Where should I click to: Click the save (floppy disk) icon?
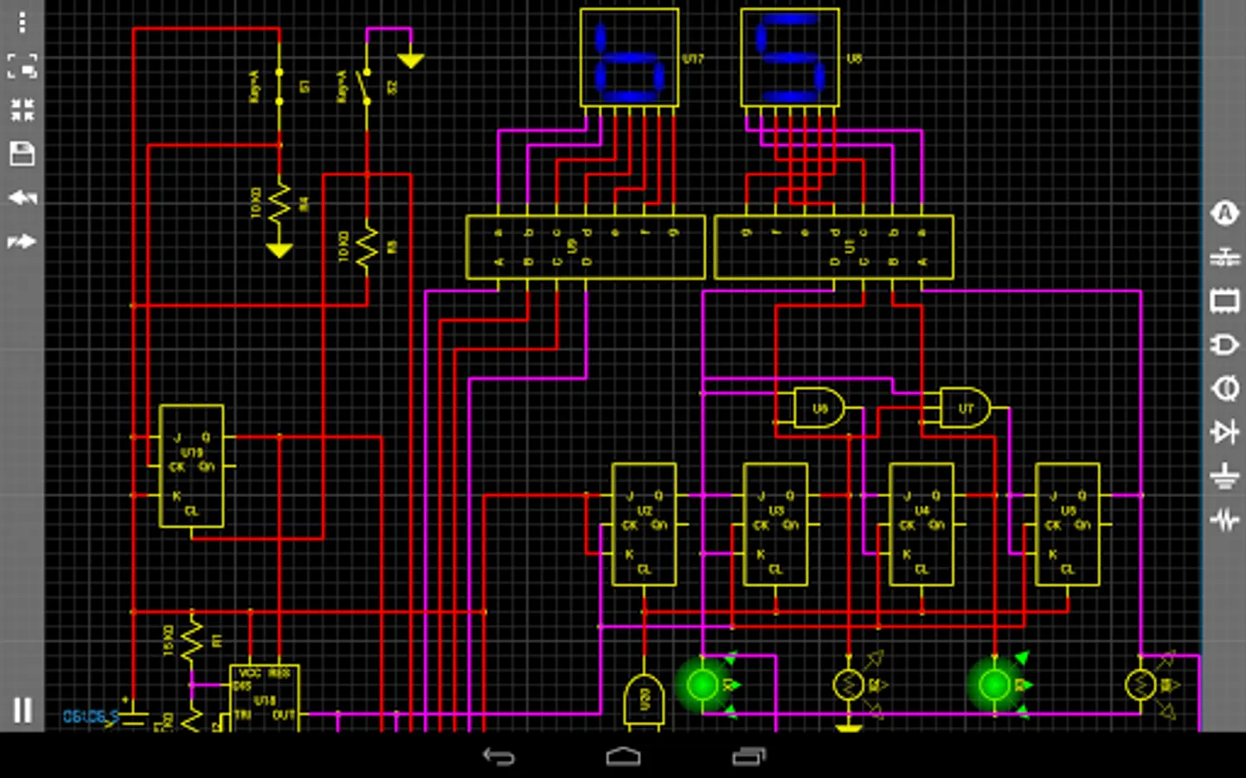(22, 154)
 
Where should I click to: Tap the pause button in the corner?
(22, 710)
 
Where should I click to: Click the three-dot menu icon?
(22, 22)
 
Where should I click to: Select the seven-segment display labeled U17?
(629, 58)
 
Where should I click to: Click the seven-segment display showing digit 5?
(789, 58)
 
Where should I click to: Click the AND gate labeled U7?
(964, 407)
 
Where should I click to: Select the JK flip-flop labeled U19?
(191, 466)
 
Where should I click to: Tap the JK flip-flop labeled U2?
(644, 525)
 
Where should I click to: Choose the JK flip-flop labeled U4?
(922, 525)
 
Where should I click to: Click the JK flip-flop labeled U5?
(1068, 525)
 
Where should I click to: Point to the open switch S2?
(366, 86)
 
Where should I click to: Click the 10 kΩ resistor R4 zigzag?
(279, 204)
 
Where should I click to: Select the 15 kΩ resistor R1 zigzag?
(191, 641)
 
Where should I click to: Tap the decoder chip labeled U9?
(585, 247)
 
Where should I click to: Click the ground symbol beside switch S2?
(410, 61)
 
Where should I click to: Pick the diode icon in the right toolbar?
(1224, 430)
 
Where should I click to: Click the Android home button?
(623, 757)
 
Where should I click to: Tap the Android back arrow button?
(498, 757)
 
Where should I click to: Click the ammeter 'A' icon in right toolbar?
(1224, 213)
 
